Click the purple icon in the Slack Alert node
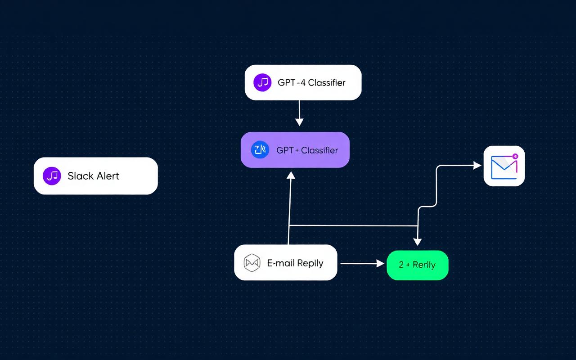(52, 176)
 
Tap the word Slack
(81, 176)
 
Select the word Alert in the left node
(108, 176)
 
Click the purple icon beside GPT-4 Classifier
(262, 83)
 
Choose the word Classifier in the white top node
(327, 83)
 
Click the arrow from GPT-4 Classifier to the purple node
(299, 112)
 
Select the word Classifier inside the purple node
(319, 150)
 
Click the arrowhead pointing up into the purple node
(291, 175)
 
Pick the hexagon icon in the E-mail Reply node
(252, 263)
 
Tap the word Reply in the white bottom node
(310, 263)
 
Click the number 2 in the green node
(401, 265)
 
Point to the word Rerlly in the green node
(424, 265)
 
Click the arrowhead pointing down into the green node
(418, 242)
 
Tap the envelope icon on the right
(504, 166)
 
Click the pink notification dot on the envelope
(515, 156)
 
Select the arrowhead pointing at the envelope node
(477, 166)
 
